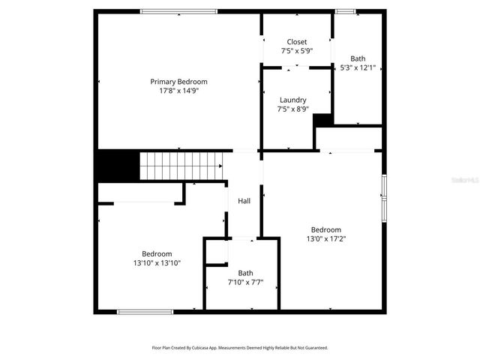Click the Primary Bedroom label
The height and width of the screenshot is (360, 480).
178,82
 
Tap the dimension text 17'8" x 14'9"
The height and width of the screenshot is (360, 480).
178,91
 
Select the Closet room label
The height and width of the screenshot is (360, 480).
297,42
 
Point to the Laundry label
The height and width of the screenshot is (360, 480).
292,100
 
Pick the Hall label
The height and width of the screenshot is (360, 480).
244,201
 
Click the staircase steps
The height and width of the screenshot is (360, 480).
181,165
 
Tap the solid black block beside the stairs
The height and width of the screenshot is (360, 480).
118,165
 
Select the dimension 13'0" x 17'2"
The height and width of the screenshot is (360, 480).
326,239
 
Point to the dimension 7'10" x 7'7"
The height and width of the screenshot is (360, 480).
246,283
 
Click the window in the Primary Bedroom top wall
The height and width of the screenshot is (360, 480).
179,11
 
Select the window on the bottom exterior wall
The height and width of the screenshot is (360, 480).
145,311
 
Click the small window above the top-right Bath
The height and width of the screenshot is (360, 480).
345,11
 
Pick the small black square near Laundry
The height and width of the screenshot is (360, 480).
323,121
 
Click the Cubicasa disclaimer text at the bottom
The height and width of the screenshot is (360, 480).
240,348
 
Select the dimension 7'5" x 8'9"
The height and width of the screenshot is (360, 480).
292,109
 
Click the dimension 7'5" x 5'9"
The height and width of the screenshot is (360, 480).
297,51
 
